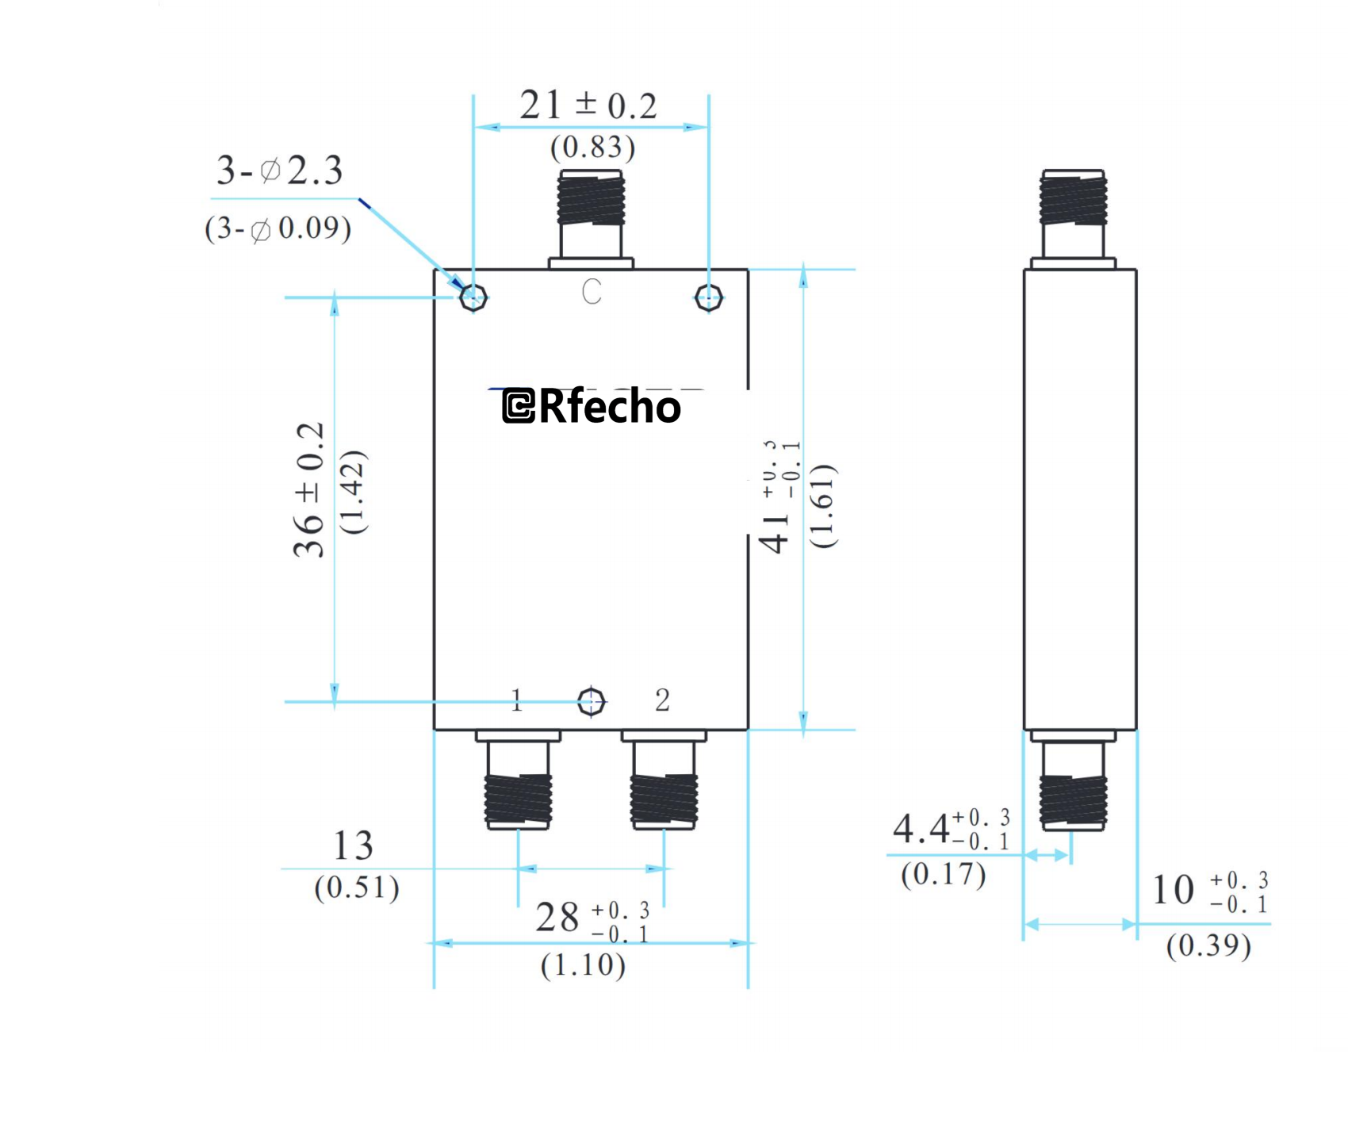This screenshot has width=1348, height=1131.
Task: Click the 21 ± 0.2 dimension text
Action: click(x=588, y=105)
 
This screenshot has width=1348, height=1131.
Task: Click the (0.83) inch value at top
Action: click(x=592, y=148)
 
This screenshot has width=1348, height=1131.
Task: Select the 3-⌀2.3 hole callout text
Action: click(x=279, y=171)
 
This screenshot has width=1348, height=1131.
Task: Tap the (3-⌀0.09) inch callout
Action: click(x=278, y=228)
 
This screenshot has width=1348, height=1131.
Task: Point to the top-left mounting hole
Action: click(x=473, y=297)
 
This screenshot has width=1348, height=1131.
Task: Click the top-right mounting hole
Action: click(x=708, y=298)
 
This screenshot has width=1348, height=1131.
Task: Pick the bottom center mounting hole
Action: click(x=592, y=701)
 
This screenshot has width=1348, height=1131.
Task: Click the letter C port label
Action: click(x=592, y=292)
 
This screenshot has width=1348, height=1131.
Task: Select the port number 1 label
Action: click(x=517, y=700)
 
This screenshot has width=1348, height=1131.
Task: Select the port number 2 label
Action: click(x=662, y=700)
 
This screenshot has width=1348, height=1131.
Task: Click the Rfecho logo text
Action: click(x=592, y=406)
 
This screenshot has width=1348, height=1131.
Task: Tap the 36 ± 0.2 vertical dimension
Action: click(x=310, y=490)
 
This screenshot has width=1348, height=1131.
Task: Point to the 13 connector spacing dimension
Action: click(x=353, y=846)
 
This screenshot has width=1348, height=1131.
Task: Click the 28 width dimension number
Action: click(x=557, y=918)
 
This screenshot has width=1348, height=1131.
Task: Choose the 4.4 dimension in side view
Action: click(x=921, y=830)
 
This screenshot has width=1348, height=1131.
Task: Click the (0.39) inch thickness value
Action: click(x=1208, y=945)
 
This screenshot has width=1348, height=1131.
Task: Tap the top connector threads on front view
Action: click(x=591, y=200)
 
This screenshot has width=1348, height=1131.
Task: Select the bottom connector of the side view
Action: click(x=1073, y=799)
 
